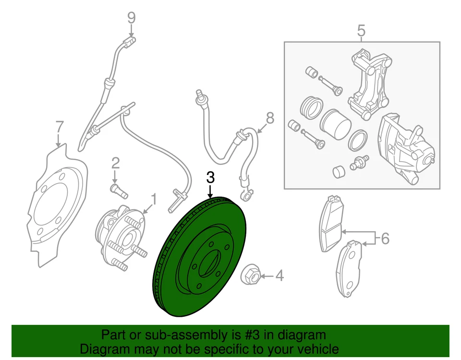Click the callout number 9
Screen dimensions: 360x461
tap(131, 18)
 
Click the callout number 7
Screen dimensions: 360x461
tap(59, 127)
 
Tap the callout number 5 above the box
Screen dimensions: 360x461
tap(361, 31)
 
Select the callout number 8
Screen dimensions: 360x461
tap(270, 118)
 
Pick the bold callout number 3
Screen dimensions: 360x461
tap(210, 177)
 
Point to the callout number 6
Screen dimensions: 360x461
tap(385, 238)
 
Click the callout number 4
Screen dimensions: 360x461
tap(279, 276)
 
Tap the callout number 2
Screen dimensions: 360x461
tap(115, 162)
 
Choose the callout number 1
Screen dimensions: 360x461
tap(154, 198)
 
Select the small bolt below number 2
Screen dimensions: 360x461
tap(118, 189)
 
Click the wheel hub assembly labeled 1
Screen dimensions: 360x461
tap(120, 235)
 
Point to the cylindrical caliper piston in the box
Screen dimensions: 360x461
tap(335, 124)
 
